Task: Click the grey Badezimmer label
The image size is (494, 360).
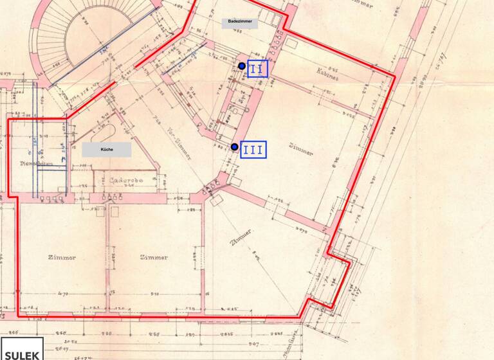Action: (241, 22)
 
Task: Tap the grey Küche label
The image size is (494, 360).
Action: (107, 150)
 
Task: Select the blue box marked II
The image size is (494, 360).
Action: (257, 67)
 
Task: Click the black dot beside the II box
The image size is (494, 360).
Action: (242, 66)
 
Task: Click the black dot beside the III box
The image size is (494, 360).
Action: (235, 147)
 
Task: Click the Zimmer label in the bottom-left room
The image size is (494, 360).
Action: (62, 257)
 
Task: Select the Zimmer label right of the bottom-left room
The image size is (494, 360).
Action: (153, 257)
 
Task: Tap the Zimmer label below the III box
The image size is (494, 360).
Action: (300, 153)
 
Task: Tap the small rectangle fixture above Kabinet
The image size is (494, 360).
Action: (292, 43)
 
